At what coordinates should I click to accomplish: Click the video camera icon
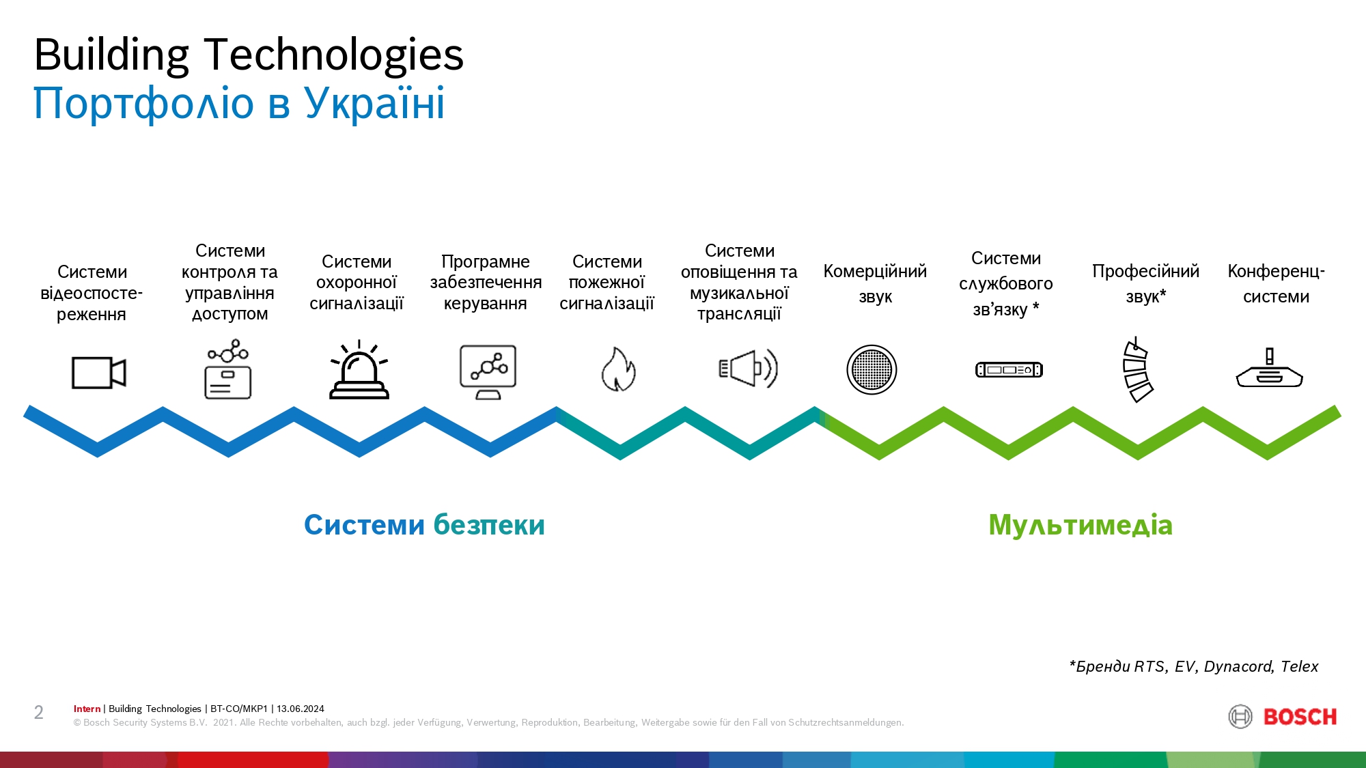[99, 373]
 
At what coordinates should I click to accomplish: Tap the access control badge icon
[228, 369]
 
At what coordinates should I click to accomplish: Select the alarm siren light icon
[359, 369]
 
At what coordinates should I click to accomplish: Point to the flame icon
[618, 369]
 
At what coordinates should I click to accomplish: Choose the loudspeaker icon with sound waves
[749, 369]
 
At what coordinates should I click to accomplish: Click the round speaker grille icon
[872, 369]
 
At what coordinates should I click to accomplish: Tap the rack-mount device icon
[1009, 370]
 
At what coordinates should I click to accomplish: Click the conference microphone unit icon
[1269, 369]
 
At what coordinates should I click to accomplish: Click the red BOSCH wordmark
[1300, 717]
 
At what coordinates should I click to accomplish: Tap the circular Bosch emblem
[1240, 717]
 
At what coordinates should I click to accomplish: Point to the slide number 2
[39, 713]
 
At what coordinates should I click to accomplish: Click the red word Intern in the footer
[87, 709]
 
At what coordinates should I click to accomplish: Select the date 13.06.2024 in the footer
[301, 709]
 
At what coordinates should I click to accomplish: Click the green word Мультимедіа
[1081, 525]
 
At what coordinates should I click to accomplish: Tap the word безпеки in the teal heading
[489, 525]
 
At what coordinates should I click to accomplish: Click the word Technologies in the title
[334, 55]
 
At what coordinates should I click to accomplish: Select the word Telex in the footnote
[1299, 666]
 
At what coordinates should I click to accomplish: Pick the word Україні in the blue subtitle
[374, 104]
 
